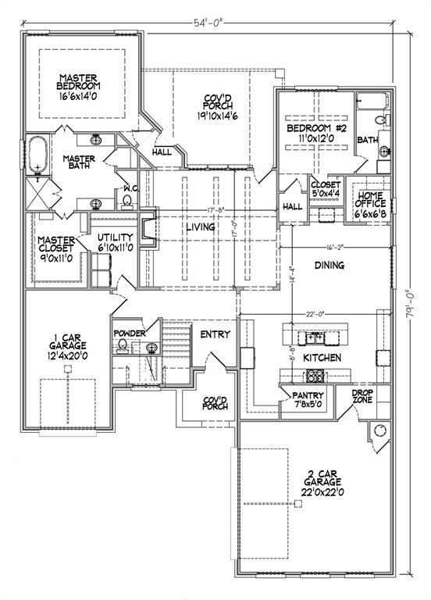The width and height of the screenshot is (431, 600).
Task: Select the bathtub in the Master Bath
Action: pos(37,155)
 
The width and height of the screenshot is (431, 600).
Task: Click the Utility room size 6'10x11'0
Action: pos(115,247)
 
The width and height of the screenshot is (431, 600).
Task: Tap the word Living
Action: pos(200,227)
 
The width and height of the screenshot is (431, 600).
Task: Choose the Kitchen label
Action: pos(322,357)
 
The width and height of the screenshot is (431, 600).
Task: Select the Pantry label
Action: pos(307,395)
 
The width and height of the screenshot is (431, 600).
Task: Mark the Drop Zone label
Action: pos(362,396)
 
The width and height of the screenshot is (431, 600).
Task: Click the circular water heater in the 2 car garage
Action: pos(380,430)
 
